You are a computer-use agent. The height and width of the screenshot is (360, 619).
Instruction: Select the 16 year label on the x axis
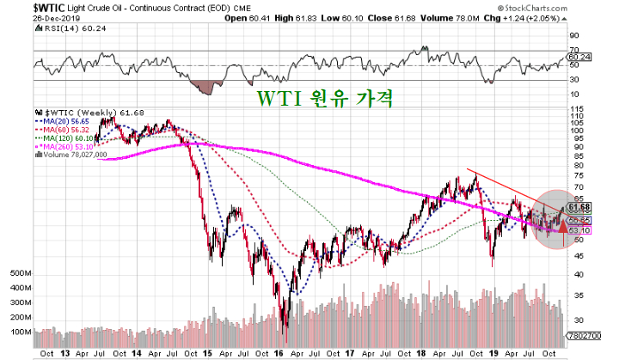coord(279,351)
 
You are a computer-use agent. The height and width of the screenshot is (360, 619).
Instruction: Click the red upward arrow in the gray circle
coord(561,227)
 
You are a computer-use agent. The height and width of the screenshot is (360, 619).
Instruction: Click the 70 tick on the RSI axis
coord(574,50)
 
